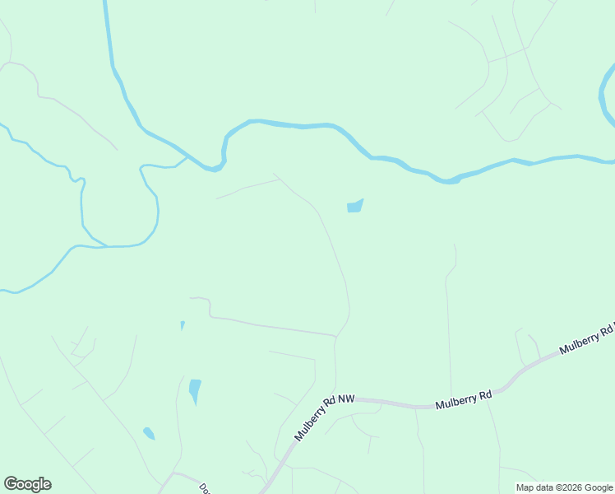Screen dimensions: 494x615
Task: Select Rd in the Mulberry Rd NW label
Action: pos(330,411)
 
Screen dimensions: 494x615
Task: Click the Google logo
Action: pos(27,484)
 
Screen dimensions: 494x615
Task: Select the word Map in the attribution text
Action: pos(526,488)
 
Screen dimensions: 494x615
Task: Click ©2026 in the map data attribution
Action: pos(568,488)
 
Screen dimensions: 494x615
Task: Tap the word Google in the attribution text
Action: pos(599,488)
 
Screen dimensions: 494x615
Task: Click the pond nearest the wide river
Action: pos(354,206)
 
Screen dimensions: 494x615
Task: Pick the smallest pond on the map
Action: pos(182,325)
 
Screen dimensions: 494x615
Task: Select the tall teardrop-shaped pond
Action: pos(195,389)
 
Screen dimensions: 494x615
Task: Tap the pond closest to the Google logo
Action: pos(149,433)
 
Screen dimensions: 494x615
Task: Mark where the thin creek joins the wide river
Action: pos(188,155)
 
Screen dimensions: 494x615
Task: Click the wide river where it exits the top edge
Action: pos(106,4)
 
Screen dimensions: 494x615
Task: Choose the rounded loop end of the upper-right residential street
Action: pos(511,139)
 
